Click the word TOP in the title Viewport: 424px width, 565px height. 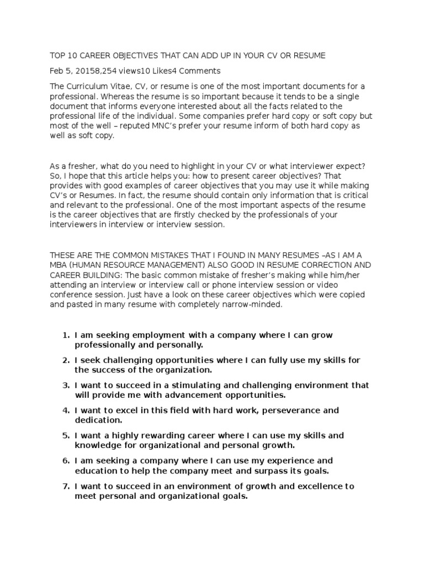tap(58, 56)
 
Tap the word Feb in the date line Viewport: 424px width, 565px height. tap(57, 71)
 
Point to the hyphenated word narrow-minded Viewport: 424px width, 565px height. tap(255, 304)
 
